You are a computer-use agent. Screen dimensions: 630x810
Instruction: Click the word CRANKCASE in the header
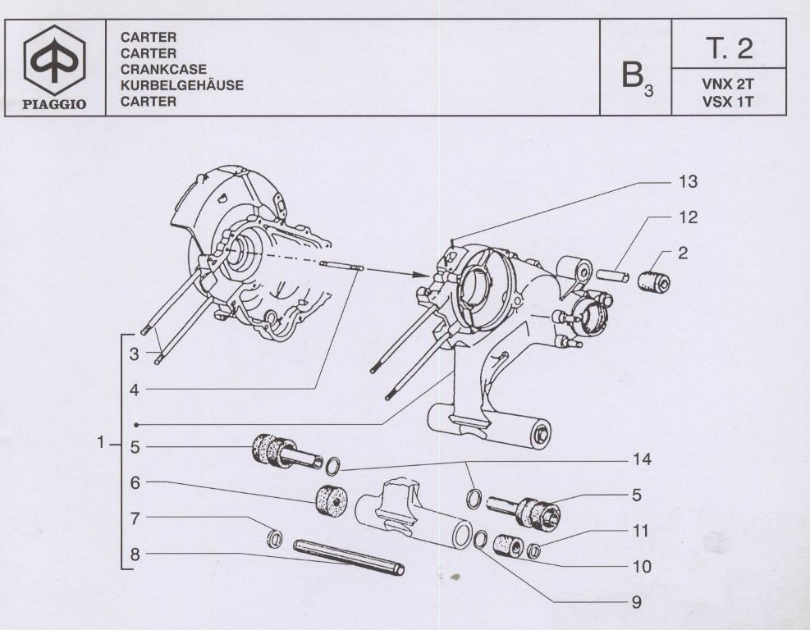point(163,70)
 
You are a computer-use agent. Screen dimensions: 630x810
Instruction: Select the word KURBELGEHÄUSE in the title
point(181,85)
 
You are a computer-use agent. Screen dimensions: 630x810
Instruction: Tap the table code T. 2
point(728,48)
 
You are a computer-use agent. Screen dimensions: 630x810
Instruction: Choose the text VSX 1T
point(728,102)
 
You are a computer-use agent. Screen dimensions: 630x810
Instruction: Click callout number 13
point(688,181)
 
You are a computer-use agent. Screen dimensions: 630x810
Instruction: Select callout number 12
point(688,217)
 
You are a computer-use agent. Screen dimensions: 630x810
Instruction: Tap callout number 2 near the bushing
point(683,253)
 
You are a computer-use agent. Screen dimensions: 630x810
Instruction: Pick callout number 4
point(135,390)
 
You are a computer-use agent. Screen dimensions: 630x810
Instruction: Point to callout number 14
point(642,459)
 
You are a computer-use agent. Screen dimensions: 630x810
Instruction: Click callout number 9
point(635,601)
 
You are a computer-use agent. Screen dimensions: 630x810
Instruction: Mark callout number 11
point(640,531)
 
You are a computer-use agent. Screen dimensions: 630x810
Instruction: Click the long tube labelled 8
point(349,555)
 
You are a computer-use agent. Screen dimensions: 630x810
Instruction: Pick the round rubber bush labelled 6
point(333,499)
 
